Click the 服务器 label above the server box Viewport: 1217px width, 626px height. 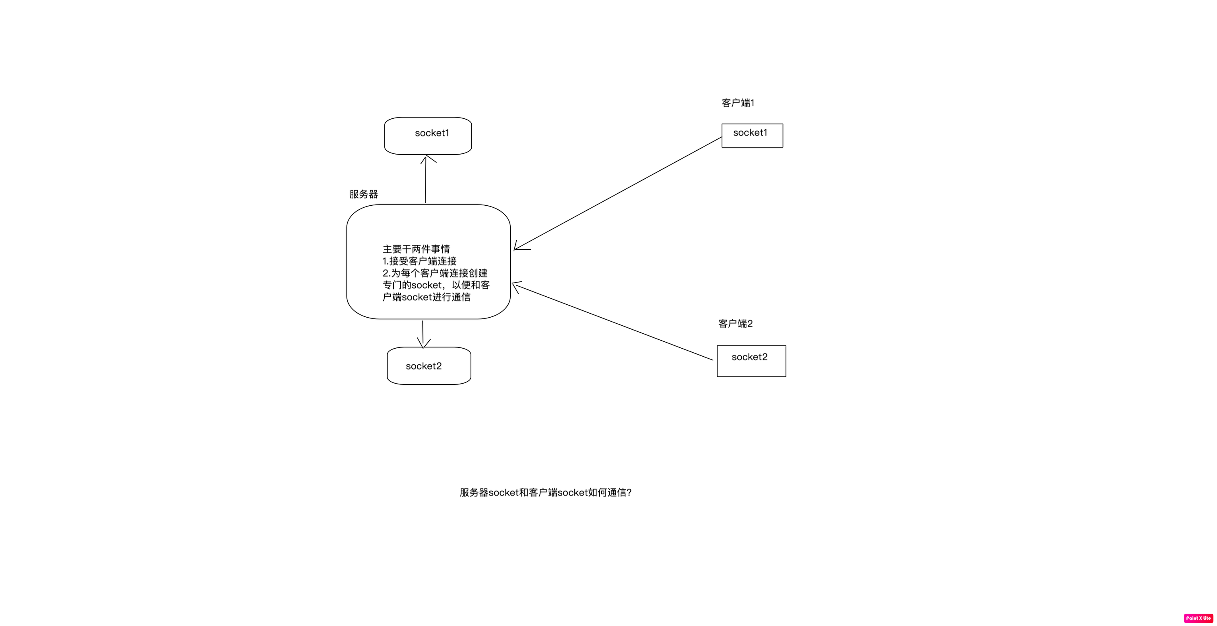pyautogui.click(x=363, y=194)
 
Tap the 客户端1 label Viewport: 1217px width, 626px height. pyautogui.click(x=737, y=103)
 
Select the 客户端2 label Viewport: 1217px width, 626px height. pyautogui.click(x=735, y=324)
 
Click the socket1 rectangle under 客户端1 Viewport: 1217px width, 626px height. pyautogui.click(x=752, y=136)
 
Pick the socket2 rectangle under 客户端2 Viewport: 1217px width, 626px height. pyautogui.click(x=751, y=361)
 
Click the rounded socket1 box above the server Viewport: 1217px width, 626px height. pyautogui.click(x=428, y=136)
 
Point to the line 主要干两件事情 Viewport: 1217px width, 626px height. pyautogui.click(x=416, y=249)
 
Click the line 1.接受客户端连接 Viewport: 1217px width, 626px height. pyautogui.click(x=419, y=261)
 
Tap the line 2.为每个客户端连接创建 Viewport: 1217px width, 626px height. pyautogui.click(x=435, y=273)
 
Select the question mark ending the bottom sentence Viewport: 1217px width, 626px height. pyautogui.click(x=629, y=492)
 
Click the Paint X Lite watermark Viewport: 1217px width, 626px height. pyautogui.click(x=1198, y=618)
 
